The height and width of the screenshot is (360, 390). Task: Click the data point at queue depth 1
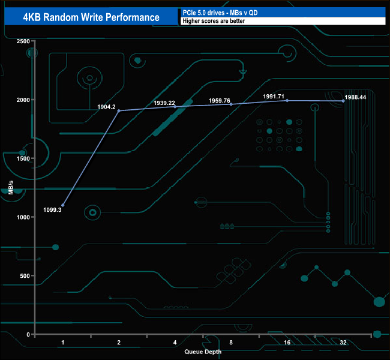pos(63,205)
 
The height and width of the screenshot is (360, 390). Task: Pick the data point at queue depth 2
pos(119,111)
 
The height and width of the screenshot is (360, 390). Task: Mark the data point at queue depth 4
pos(175,107)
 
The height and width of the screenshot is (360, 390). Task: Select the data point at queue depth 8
pos(231,104)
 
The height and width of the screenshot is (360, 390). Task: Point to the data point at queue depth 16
pos(287,101)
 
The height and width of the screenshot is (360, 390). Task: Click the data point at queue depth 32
pos(343,101)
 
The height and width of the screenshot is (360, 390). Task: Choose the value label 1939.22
pos(165,103)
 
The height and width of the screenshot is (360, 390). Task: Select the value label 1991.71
pos(274,96)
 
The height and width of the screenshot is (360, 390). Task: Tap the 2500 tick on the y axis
pos(22,41)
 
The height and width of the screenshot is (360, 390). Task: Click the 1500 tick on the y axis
pos(22,158)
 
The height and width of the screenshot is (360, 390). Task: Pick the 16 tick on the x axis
pos(287,342)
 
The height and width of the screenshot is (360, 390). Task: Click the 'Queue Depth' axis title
pos(202,352)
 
